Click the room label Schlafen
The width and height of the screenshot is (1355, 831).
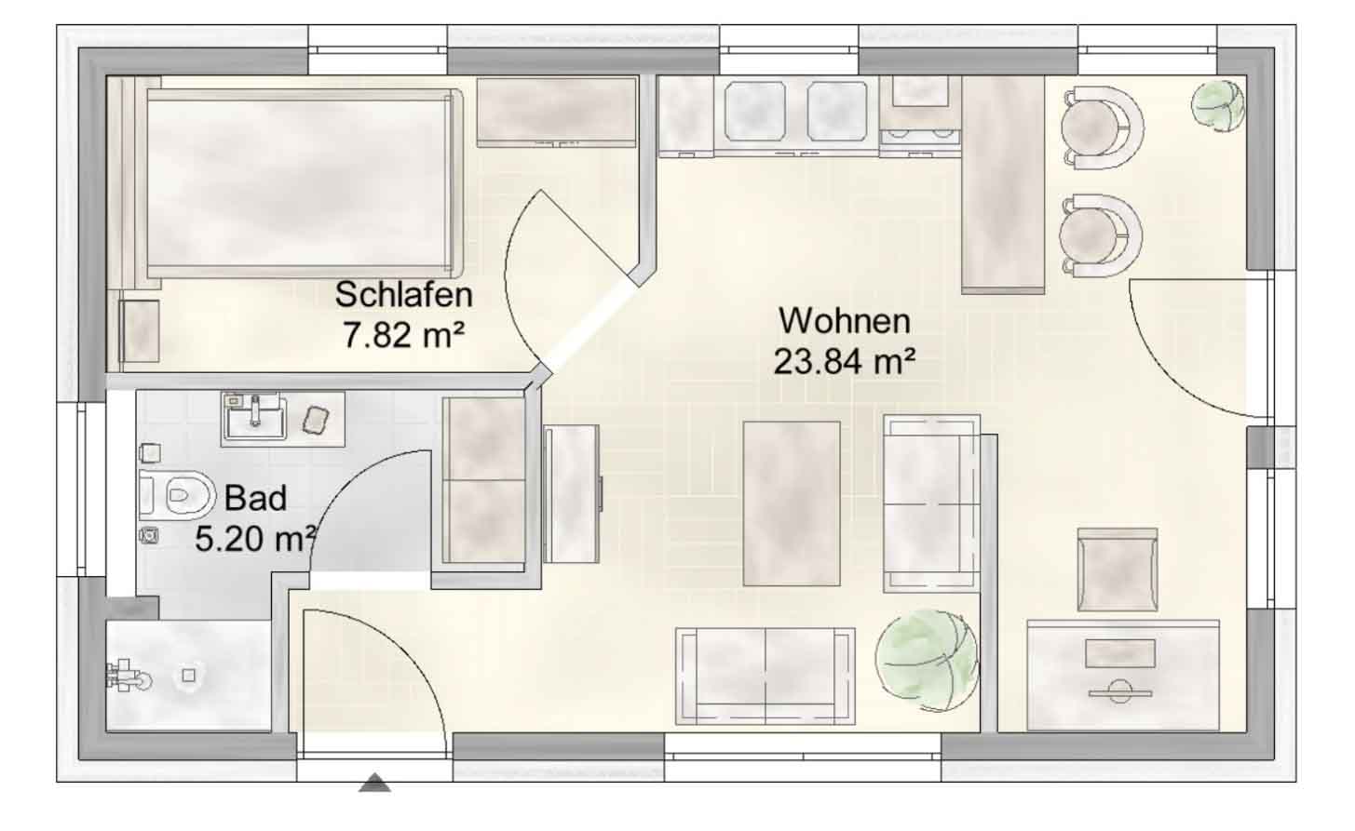pos(403,295)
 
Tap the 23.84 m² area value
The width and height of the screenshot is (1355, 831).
pos(845,362)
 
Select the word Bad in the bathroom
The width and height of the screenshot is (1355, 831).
pos(255,499)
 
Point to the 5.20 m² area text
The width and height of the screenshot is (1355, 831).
pos(255,538)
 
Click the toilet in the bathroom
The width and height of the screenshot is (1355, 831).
pos(177,495)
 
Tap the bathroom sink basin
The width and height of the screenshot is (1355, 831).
pos(254,418)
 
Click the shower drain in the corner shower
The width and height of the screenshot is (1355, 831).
pos(189,675)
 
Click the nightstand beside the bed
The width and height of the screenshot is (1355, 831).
pos(140,331)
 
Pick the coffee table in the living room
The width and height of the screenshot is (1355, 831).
pos(792,503)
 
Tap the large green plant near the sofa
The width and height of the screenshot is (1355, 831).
pos(926,661)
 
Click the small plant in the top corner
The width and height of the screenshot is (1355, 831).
pos(1218,106)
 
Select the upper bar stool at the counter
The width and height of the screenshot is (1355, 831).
pos(1101,127)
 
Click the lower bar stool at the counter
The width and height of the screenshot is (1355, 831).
pos(1100,235)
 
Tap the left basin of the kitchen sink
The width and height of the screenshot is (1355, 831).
pos(755,112)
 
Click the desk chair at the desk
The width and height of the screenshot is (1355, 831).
pos(1118,570)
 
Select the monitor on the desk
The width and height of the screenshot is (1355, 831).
pos(1120,654)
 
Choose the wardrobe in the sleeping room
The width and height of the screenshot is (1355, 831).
pos(557,112)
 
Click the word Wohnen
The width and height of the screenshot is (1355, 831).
pos(845,321)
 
